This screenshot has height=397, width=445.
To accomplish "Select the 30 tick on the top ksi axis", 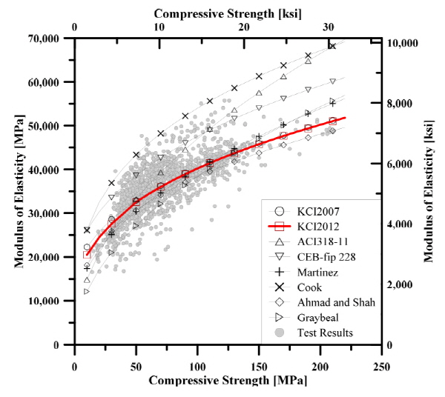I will [329, 27].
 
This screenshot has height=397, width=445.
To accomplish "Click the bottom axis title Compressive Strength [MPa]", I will [227, 380].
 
